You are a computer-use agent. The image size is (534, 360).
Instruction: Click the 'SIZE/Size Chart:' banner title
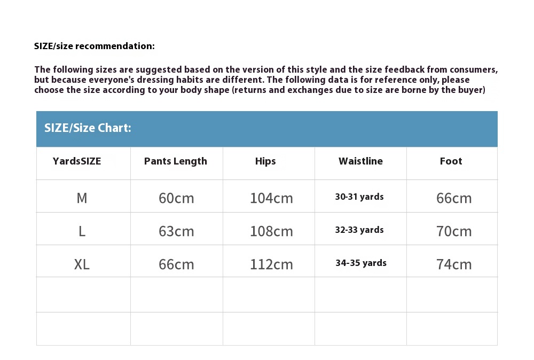tap(88, 128)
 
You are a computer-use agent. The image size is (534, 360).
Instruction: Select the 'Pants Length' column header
tap(175, 161)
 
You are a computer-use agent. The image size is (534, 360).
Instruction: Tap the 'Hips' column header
tap(265, 161)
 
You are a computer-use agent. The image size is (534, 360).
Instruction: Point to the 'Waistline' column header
tap(360, 161)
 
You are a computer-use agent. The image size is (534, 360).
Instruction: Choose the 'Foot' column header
tap(451, 161)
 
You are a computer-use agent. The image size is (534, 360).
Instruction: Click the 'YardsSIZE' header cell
tap(77, 161)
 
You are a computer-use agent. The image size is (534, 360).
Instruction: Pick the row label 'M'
tap(82, 198)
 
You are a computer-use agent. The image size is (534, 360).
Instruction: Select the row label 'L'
tap(82, 231)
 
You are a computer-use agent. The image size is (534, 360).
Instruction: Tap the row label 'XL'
tap(82, 264)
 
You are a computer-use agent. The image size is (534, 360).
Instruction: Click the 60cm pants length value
tap(176, 198)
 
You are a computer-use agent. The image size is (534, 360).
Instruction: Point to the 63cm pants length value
tap(176, 231)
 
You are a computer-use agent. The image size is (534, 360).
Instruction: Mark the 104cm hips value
tap(271, 198)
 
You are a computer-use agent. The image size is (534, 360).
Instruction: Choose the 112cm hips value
tap(271, 264)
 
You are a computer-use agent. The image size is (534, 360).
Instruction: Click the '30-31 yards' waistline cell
tap(359, 197)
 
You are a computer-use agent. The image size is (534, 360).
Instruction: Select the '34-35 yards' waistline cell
tap(361, 263)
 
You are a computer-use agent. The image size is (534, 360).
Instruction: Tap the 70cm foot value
tap(454, 231)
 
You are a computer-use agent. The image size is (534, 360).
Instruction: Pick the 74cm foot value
tap(454, 264)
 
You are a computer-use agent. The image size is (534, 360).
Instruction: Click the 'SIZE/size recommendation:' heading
tap(95, 46)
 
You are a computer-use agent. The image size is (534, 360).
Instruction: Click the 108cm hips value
tap(271, 231)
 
